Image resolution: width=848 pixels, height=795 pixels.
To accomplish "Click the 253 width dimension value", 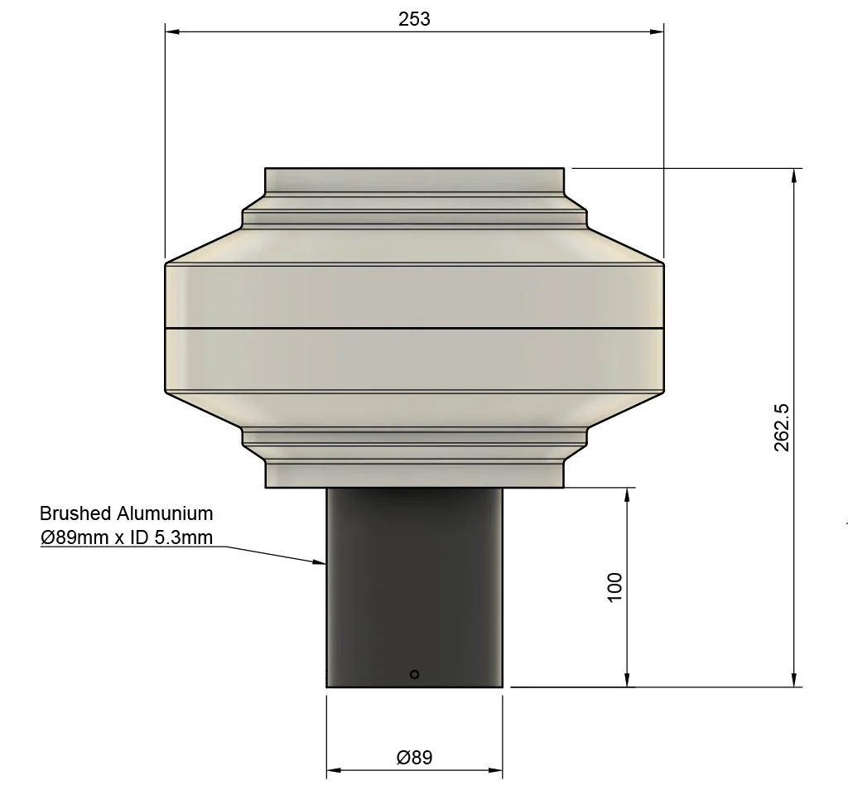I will [414, 19].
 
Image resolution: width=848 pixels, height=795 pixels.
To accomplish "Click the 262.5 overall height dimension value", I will [781, 427].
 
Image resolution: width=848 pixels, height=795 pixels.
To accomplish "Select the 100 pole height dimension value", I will [614, 586].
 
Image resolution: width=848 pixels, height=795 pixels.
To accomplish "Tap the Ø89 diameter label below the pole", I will [414, 757].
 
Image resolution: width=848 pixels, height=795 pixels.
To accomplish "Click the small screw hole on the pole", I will [415, 674].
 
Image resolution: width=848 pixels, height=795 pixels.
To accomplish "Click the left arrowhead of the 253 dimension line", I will [171, 32].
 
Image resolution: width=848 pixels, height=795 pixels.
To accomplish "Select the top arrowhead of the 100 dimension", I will [628, 493].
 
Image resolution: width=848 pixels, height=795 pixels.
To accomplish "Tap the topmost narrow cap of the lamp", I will [414, 180].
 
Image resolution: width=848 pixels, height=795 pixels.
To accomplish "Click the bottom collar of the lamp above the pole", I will [414, 475].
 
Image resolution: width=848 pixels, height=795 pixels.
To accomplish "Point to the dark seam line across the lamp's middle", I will [414, 329].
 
